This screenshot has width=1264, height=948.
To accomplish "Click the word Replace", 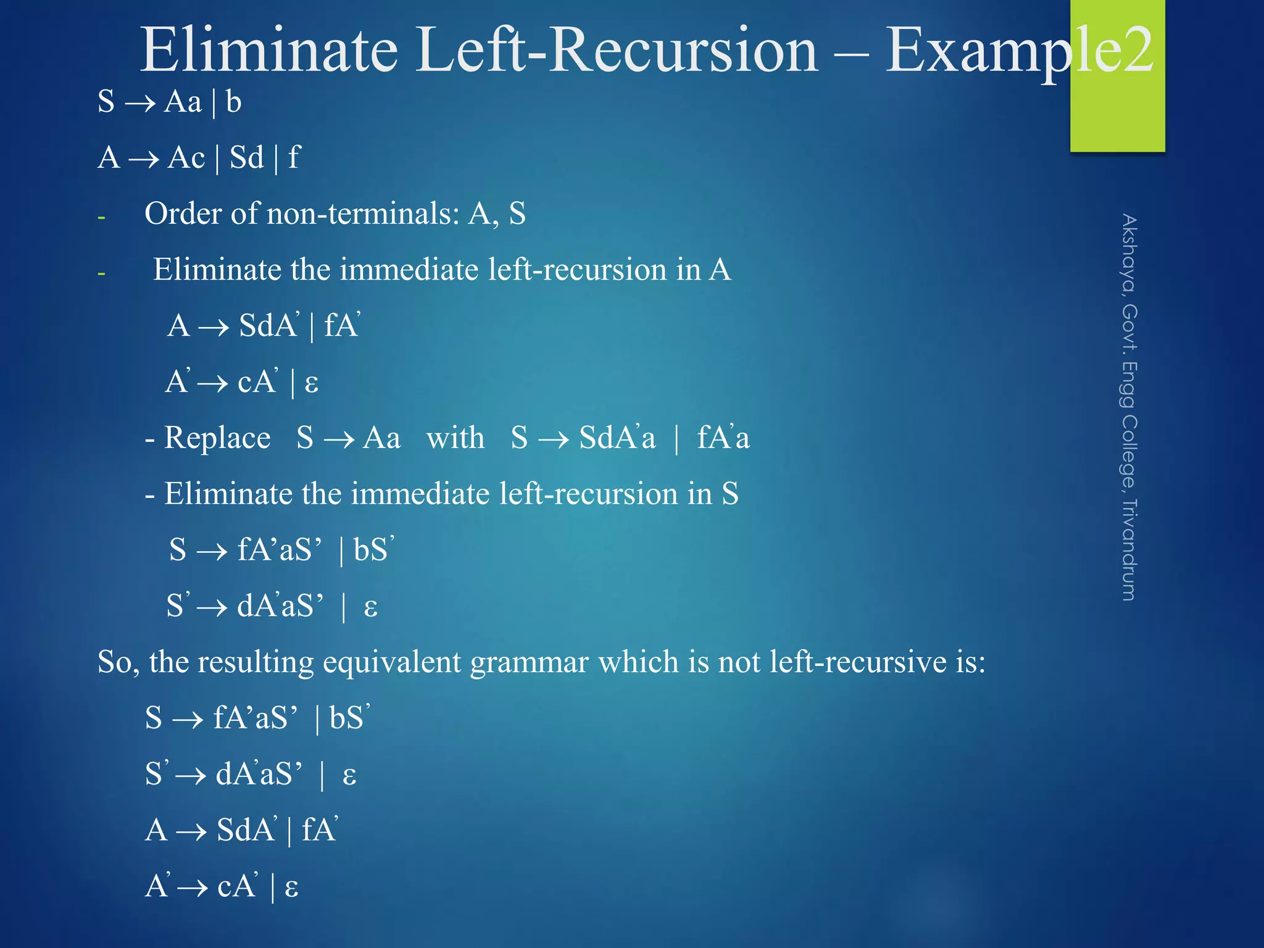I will (217, 438).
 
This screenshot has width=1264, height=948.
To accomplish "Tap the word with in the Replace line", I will (455, 438).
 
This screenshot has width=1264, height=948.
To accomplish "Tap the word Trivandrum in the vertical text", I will (1129, 549).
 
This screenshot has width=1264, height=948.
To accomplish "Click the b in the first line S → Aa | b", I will (233, 102).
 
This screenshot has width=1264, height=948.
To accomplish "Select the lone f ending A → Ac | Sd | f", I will (294, 157).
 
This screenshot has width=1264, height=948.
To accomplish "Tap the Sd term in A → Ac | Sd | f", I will (246, 157).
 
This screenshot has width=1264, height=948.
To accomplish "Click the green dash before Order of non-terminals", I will (102, 218).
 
